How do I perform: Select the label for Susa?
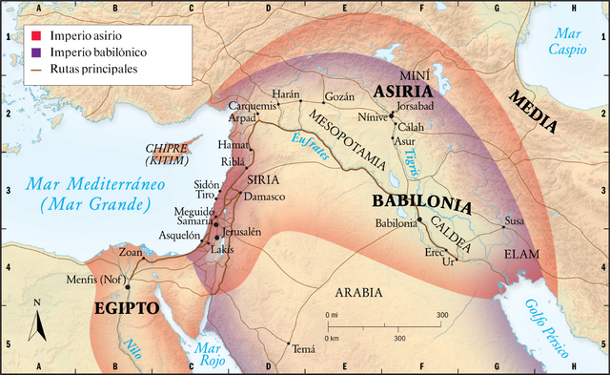pyautogui.click(x=514, y=220)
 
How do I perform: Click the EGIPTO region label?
pyautogui.click(x=126, y=309)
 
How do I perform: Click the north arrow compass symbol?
pyautogui.click(x=38, y=323)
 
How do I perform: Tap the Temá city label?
pyautogui.click(x=304, y=349)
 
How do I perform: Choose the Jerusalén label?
pyautogui.click(x=242, y=232)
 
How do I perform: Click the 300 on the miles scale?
pyautogui.click(x=441, y=314)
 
